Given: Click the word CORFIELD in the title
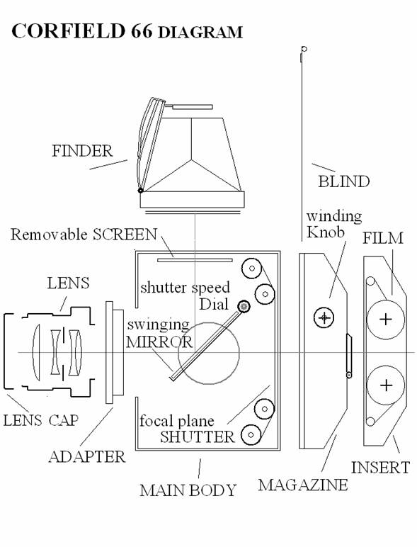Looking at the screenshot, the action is click(68, 30).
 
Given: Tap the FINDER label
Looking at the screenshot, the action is click(82, 151).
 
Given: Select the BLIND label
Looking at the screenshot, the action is click(344, 181).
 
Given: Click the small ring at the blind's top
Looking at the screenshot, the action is click(304, 49).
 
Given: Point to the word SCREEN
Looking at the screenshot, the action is click(125, 235).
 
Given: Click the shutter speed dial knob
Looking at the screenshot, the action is click(244, 307).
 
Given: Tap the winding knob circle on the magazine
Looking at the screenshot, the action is click(324, 317).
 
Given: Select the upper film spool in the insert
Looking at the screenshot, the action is click(386, 319).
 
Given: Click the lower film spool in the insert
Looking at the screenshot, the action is click(386, 385).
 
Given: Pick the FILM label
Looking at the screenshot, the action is click(383, 238).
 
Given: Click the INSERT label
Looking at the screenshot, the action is click(380, 468).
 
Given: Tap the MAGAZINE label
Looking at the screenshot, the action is click(302, 485).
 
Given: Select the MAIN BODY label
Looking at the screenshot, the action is click(188, 490).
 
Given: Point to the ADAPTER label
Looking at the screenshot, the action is click(87, 456).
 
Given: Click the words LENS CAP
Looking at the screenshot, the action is click(41, 420).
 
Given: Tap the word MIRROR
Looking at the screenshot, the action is click(159, 342).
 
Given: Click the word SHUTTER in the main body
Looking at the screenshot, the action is click(198, 436).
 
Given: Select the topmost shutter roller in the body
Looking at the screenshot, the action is click(251, 269).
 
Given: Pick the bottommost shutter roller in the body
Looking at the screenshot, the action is click(251, 434).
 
